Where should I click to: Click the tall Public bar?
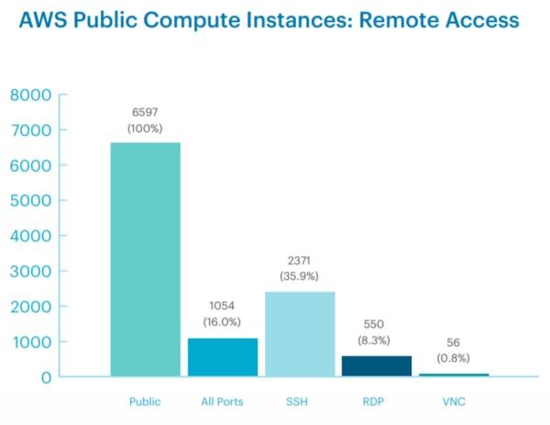click(145, 259)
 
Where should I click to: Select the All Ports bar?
click(222, 357)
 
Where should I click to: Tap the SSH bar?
click(300, 334)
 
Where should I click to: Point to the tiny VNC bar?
click(455, 375)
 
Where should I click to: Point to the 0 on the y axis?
click(43, 376)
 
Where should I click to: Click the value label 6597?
click(145, 111)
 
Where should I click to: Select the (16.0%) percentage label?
click(222, 322)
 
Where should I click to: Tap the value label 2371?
click(300, 260)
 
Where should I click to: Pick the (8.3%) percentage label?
click(378, 339)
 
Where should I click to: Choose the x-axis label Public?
click(145, 402)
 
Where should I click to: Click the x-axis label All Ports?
click(222, 402)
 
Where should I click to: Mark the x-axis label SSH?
click(300, 402)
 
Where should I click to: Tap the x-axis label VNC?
click(455, 402)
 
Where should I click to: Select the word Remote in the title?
click(376, 19)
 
